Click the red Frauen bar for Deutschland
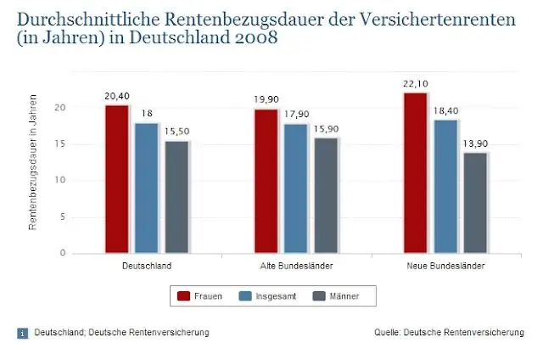117,179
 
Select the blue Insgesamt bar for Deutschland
147,188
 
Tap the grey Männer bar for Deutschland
176,197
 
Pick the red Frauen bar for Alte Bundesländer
266,181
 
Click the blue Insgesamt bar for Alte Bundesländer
295,188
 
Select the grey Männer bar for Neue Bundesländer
475,203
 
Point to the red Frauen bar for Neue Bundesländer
415,173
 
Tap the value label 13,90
475,143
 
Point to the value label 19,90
266,99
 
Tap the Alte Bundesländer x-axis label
295,266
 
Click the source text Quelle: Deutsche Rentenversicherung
449,332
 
